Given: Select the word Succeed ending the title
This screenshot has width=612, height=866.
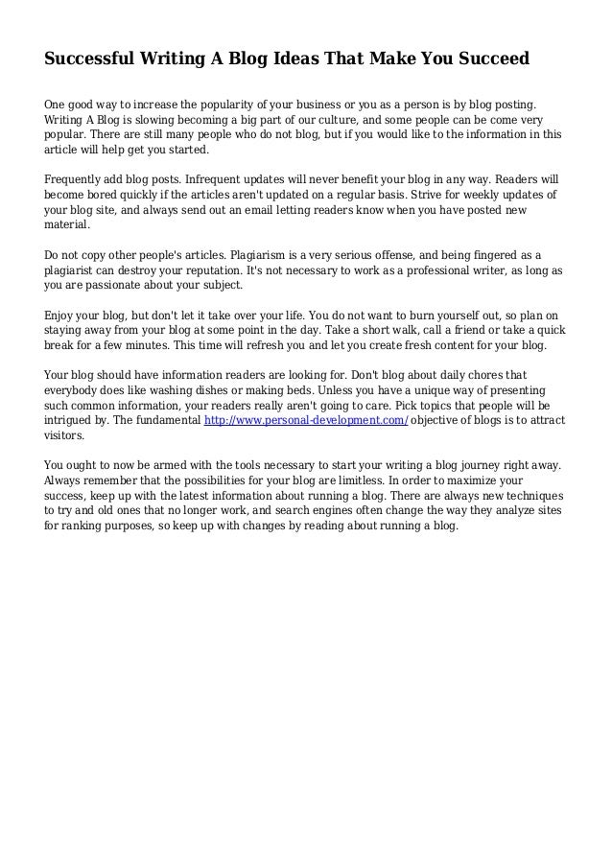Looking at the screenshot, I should pyautogui.click(x=490, y=59).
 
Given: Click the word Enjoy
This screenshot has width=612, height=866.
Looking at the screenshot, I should pyautogui.click(x=60, y=316).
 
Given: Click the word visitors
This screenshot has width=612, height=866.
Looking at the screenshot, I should pyautogui.click(x=64, y=436).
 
